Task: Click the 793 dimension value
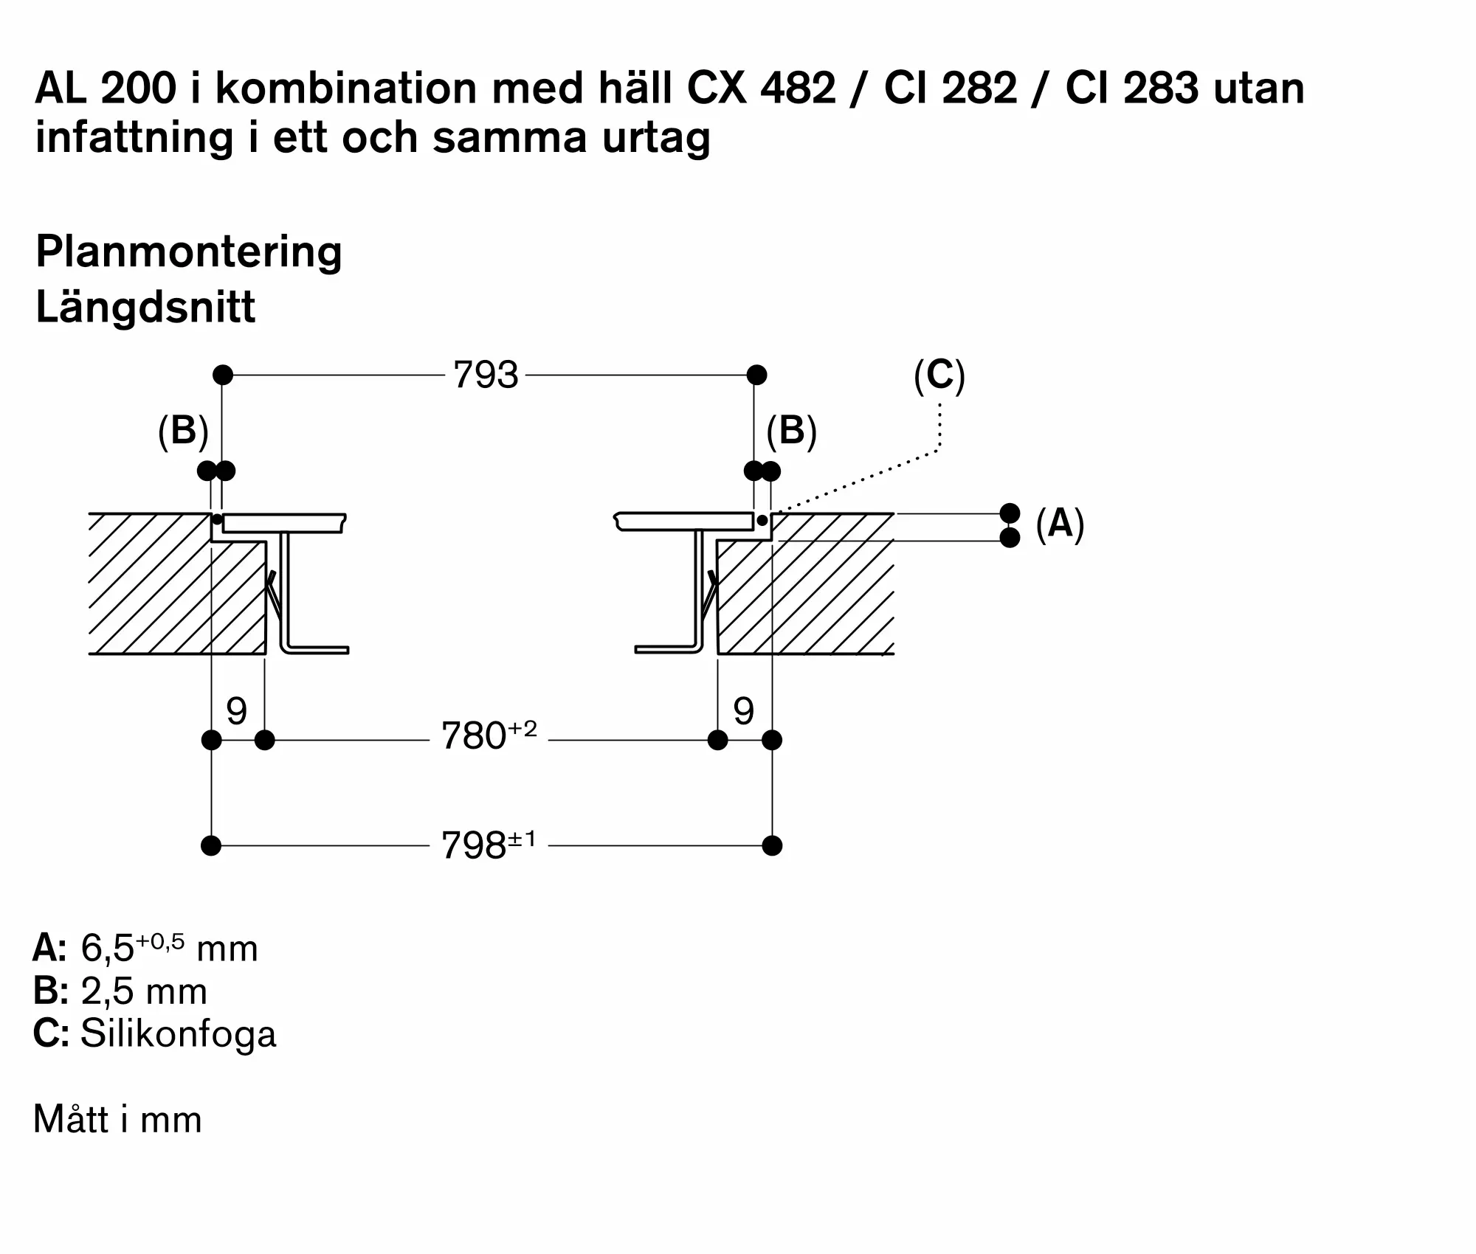coord(486,375)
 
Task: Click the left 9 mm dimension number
coord(236,711)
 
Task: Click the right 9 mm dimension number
coord(744,711)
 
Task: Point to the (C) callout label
coord(939,375)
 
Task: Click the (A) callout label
coord(1060,524)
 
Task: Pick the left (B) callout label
coord(183,431)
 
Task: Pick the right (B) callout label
coord(791,431)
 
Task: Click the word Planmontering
coord(189,253)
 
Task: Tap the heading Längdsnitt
coord(145,307)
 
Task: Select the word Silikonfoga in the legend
coord(178,1033)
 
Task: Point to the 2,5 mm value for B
coord(144,991)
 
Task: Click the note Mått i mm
coord(118,1120)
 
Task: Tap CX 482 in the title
coord(762,89)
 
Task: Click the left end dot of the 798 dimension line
coord(211,845)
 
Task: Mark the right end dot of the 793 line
coord(756,375)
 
